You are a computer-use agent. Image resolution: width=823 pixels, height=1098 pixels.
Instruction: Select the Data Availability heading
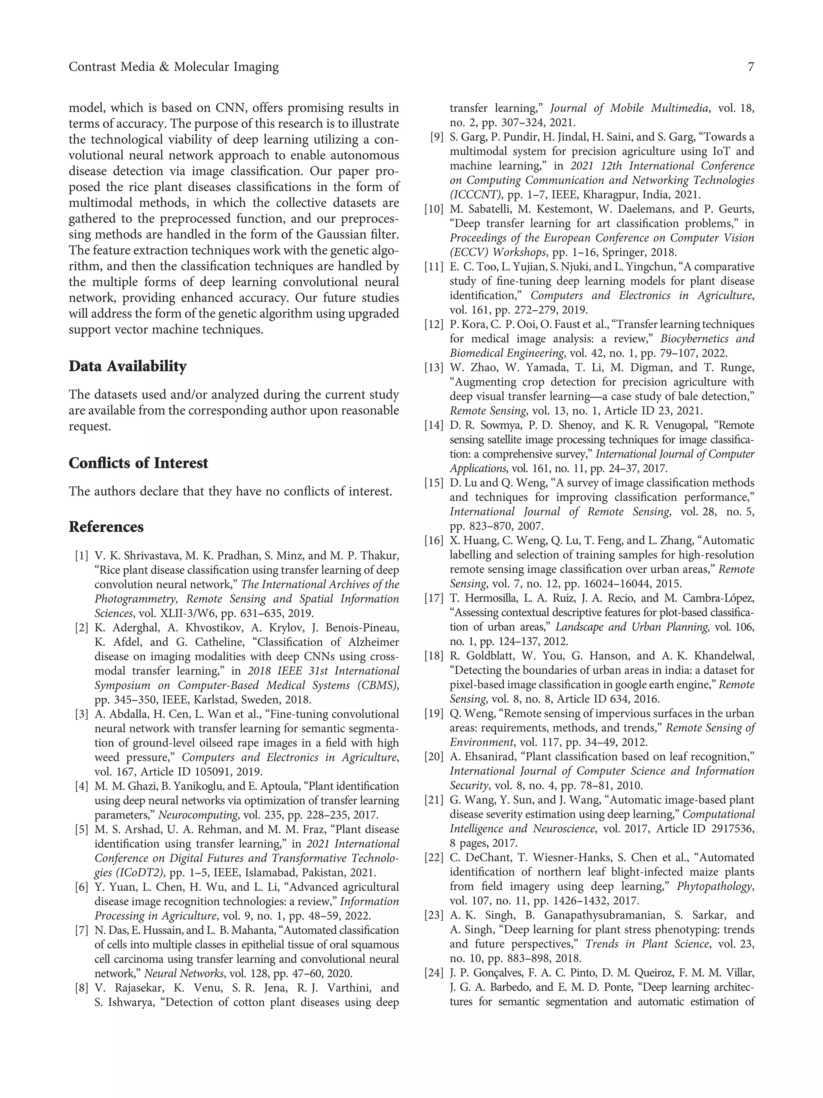coord(127,366)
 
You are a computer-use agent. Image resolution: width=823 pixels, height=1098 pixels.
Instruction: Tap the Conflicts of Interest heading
coord(138,463)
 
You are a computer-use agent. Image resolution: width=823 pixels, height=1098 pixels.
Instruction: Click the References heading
coord(106,527)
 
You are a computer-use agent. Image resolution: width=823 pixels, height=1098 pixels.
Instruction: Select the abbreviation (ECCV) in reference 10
coord(469,252)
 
